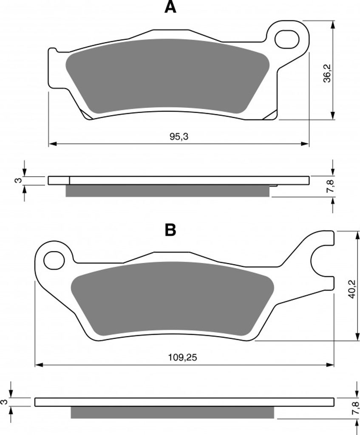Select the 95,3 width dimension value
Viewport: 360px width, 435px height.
[x=179, y=136]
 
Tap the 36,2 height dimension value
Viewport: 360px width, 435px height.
[x=328, y=73]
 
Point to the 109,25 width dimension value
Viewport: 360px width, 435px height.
[x=183, y=357]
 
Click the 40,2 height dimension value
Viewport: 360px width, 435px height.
[x=351, y=289]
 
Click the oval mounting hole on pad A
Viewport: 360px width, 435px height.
[x=287, y=40]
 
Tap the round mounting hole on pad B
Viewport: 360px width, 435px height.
[x=54, y=260]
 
